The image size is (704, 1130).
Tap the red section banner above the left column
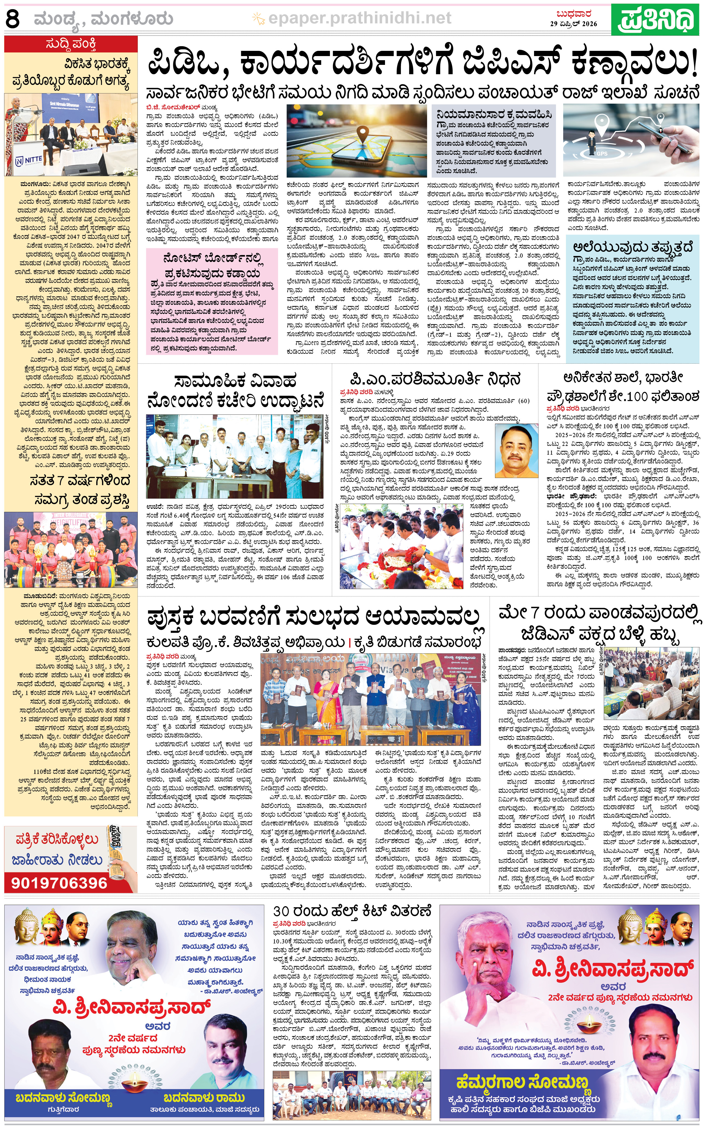coord(71,45)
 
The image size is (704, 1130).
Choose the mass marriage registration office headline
coord(235,391)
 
